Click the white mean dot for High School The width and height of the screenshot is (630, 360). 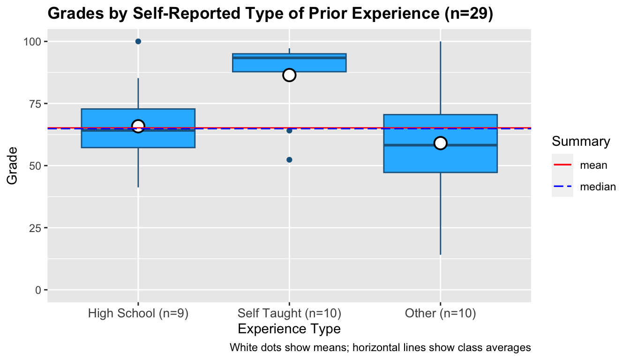138,126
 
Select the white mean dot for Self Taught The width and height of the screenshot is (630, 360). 289,75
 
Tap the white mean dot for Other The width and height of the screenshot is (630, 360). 440,143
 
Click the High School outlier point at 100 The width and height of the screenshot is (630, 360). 138,41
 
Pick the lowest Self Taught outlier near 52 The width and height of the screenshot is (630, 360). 289,160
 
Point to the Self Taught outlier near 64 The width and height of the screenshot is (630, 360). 289,130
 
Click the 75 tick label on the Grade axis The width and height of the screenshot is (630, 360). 35,104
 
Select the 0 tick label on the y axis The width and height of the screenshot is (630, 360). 39,290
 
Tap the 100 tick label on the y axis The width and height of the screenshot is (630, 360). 33,42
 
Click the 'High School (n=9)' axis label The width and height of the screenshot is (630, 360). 138,313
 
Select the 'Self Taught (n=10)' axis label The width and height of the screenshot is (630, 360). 289,313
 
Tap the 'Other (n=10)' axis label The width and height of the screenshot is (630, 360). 440,313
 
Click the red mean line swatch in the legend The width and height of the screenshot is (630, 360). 562,165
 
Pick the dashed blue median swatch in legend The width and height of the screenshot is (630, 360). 562,187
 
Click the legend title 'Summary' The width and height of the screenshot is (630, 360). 581,142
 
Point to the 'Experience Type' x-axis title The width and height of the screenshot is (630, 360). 289,329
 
